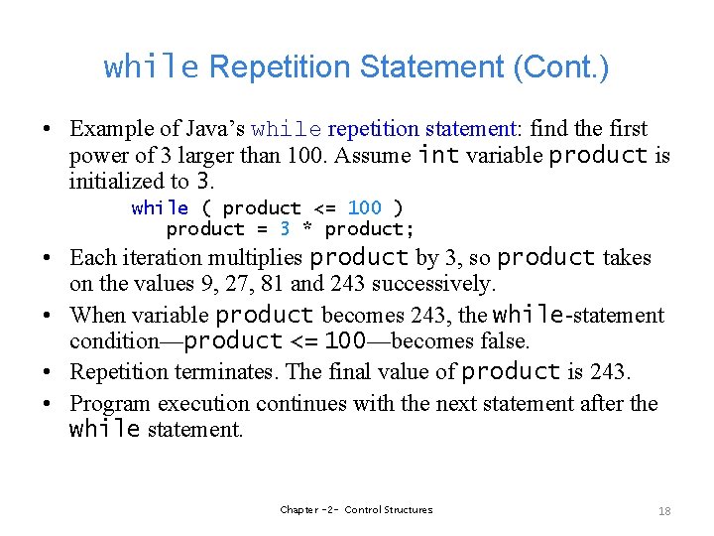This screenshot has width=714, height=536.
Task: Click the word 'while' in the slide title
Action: tap(152, 67)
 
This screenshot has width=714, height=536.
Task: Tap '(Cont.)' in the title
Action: tap(561, 67)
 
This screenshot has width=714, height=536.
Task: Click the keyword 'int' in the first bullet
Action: tap(437, 155)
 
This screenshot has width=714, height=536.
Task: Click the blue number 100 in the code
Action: tap(364, 208)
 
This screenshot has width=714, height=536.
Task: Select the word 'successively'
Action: tap(436, 284)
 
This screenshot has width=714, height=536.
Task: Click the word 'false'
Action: tap(502, 341)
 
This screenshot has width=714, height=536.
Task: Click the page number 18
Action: tap(664, 511)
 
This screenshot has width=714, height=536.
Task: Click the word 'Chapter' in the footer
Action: tap(299, 510)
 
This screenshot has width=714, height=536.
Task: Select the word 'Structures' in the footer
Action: tap(409, 510)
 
